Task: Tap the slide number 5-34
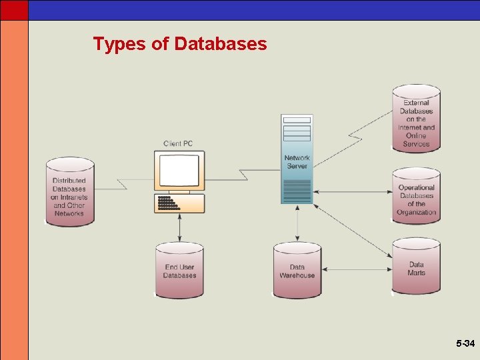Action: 465,344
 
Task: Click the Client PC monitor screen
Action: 179,169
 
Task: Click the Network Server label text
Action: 297,162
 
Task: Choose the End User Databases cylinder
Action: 179,271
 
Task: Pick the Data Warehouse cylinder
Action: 297,271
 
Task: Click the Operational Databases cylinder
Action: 416,197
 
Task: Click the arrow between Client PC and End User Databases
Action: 179,228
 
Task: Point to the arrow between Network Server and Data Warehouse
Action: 297,223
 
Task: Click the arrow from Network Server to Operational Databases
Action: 353,192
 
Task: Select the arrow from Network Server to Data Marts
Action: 353,230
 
